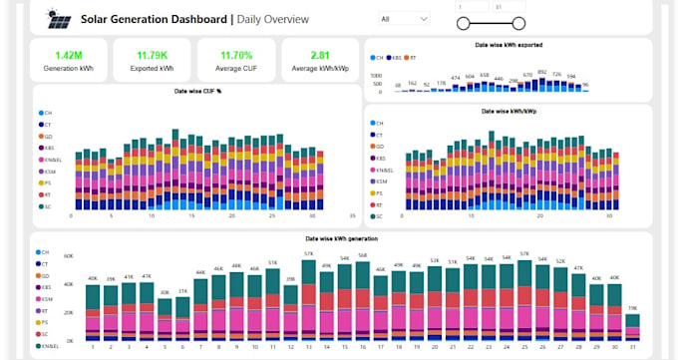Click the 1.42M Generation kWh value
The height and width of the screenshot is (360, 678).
point(69,55)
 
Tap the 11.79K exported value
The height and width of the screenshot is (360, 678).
point(153,55)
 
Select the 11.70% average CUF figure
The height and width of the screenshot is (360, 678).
point(236,55)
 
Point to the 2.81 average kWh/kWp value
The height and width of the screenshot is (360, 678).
point(320,55)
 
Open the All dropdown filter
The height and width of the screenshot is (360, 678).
point(404,18)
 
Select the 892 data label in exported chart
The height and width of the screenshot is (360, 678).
point(542,73)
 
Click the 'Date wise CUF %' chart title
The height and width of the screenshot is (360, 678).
point(196,91)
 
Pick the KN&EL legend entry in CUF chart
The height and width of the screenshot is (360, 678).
point(52,159)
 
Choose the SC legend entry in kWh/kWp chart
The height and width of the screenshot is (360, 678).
point(377,215)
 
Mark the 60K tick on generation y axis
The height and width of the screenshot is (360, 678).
point(69,255)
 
